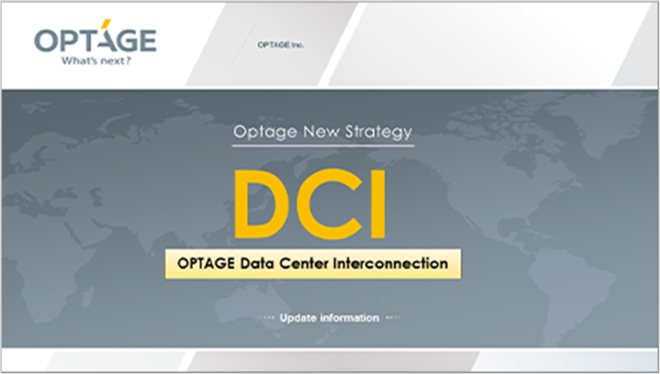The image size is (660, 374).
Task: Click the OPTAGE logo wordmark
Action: pos(95,40)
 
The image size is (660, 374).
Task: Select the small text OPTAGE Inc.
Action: pos(280,45)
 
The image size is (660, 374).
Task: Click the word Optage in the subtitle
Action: pos(258,132)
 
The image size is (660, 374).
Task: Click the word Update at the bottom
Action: pos(298,318)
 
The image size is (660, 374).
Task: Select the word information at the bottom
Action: pos(349,318)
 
